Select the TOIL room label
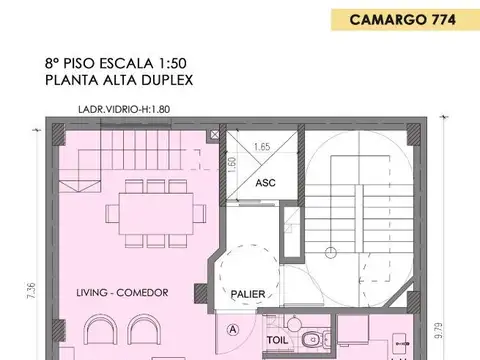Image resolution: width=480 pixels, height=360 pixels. (x=275, y=339)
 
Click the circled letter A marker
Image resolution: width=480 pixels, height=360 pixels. (x=233, y=328)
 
